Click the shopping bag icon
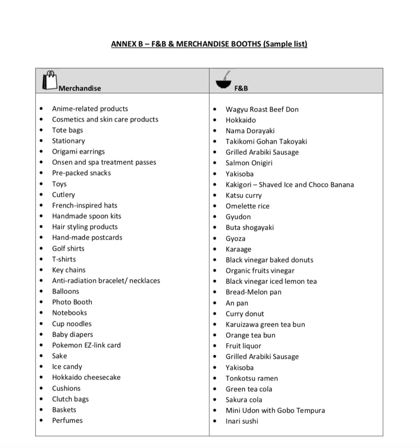(x=50, y=80)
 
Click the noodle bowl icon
(x=224, y=80)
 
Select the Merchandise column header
(x=80, y=88)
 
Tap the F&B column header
(x=241, y=88)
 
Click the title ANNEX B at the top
(x=209, y=44)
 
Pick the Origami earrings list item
(x=78, y=151)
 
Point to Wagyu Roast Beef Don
(x=262, y=109)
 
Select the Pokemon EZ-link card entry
(x=86, y=345)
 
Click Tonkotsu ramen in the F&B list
(x=251, y=378)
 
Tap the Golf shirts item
(x=68, y=248)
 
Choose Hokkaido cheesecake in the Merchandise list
(x=86, y=377)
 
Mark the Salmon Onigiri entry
(x=249, y=163)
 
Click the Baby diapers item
(x=72, y=335)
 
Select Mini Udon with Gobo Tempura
(x=275, y=410)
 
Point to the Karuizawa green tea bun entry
(x=265, y=325)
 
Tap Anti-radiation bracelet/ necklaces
(x=106, y=281)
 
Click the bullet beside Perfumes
(x=41, y=421)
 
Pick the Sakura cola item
(x=244, y=400)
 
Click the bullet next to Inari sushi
(x=215, y=422)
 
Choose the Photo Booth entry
(x=72, y=302)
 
